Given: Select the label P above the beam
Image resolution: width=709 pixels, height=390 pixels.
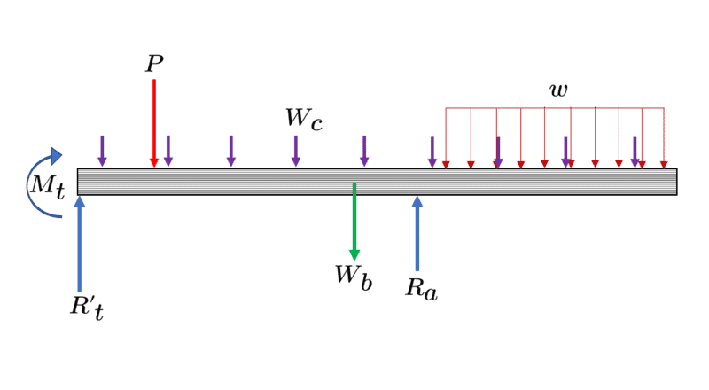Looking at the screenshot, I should click(154, 65).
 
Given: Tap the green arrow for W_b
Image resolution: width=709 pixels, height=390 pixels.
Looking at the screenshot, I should click(354, 222).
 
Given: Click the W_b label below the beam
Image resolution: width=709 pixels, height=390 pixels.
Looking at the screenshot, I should click(353, 277).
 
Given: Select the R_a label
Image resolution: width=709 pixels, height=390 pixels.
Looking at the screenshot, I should click(421, 288).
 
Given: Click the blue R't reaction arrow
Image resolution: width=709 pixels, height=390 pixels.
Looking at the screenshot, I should click(80, 244).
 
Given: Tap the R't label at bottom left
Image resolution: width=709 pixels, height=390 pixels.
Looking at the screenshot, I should click(87, 308).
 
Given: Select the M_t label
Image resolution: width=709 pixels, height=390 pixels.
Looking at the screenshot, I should click(47, 187).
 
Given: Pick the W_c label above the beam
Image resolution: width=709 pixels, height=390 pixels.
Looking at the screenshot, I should click(303, 120).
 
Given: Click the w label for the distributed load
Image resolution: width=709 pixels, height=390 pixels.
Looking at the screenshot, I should click(558, 90).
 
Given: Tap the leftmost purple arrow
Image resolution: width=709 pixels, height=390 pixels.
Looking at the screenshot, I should click(102, 151).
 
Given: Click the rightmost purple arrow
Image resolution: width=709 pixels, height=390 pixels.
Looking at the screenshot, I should click(635, 151).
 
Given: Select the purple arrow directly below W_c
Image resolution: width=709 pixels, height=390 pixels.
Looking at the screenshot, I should click(296, 151).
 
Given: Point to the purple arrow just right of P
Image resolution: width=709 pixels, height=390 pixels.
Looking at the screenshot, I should click(168, 151).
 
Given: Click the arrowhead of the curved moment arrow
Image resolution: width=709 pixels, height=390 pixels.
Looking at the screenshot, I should click(56, 157).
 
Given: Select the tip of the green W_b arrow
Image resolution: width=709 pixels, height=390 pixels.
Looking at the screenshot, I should click(354, 256).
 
